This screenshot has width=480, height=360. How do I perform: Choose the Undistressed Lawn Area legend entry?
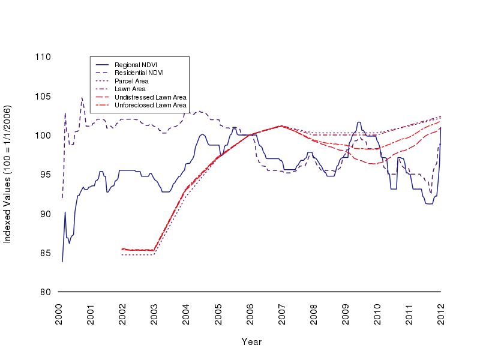pyautogui.click(x=150, y=97)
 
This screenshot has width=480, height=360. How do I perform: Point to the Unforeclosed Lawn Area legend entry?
pyautogui.click(x=150, y=105)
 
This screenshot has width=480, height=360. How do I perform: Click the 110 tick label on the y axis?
pyautogui.click(x=43, y=57)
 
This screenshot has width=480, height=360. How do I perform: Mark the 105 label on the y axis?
pyautogui.click(x=43, y=96)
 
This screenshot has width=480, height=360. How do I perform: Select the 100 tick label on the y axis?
pyautogui.click(x=43, y=136)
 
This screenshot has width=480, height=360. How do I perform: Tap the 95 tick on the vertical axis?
pyautogui.click(x=45, y=175)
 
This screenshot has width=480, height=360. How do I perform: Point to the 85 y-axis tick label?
pyautogui.click(x=45, y=253)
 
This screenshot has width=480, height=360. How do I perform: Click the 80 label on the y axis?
pyautogui.click(x=45, y=292)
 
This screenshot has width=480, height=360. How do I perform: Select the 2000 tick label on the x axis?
pyautogui.click(x=59, y=314)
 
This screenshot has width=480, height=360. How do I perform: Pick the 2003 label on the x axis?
pyautogui.click(x=154, y=314)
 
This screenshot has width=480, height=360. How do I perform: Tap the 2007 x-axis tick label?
pyautogui.click(x=282, y=314)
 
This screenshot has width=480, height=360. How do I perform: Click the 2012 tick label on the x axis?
pyautogui.click(x=441, y=314)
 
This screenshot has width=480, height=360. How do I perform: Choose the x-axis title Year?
pyautogui.click(x=251, y=341)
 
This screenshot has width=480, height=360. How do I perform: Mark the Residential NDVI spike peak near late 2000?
pyautogui.click(x=82, y=97)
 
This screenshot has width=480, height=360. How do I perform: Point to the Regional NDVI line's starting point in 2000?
pyautogui.click(x=62, y=262)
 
